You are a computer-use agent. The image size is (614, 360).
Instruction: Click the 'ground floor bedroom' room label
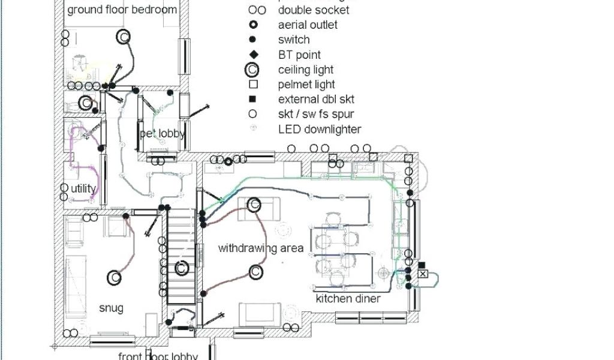click(122, 10)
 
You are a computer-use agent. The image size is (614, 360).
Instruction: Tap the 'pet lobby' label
click(162, 133)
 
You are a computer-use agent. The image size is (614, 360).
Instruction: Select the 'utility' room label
click(83, 188)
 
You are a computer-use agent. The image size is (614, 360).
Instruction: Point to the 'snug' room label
click(111, 308)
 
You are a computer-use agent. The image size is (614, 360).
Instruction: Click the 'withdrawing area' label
click(260, 248)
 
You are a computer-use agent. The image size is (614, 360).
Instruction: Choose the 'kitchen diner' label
click(348, 298)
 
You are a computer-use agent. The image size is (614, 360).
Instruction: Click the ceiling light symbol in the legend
click(252, 70)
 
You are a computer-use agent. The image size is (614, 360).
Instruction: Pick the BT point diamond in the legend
click(253, 55)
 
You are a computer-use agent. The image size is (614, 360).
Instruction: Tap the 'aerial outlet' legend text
click(308, 25)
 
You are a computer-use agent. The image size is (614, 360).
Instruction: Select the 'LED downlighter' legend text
click(320, 129)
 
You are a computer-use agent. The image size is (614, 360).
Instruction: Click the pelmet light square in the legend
click(253, 85)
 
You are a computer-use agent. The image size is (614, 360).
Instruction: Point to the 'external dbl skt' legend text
click(317, 99)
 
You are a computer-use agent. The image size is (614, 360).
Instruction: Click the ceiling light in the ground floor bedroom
click(123, 37)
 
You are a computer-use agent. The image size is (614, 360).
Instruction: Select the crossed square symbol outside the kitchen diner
click(423, 274)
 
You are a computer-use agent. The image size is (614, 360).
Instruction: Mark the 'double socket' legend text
click(314, 10)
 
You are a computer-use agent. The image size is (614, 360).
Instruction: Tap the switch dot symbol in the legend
click(253, 40)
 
